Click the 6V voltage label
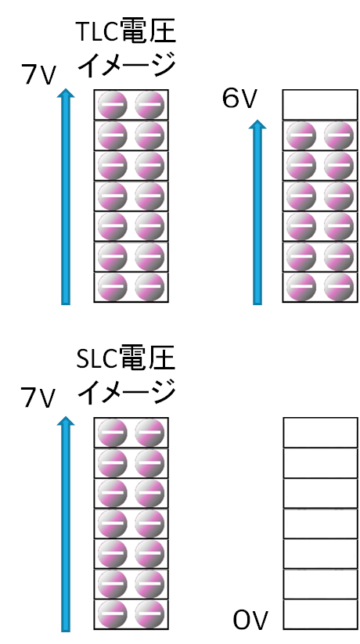coord(239,99)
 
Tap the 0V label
coord(250,621)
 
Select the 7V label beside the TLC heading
coord(38,75)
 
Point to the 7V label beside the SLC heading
coord(38,398)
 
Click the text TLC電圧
coord(126,32)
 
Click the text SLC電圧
coord(126,358)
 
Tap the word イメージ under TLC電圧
coord(127,65)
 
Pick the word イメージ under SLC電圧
coord(127,391)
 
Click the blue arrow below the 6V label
coord(257,212)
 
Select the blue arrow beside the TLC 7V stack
coord(66,196)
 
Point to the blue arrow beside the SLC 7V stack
coord(66,523)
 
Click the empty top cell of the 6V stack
coord(320,105)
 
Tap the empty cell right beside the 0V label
coord(320,614)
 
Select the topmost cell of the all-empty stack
coord(320,433)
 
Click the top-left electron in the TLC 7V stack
coord(113,105)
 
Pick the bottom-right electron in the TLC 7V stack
coord(150,286)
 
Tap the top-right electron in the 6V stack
coord(339,135)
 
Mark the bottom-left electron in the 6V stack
coord(301,286)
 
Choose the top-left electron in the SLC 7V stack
coord(113,433)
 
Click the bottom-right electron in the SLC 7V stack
coord(150,614)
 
